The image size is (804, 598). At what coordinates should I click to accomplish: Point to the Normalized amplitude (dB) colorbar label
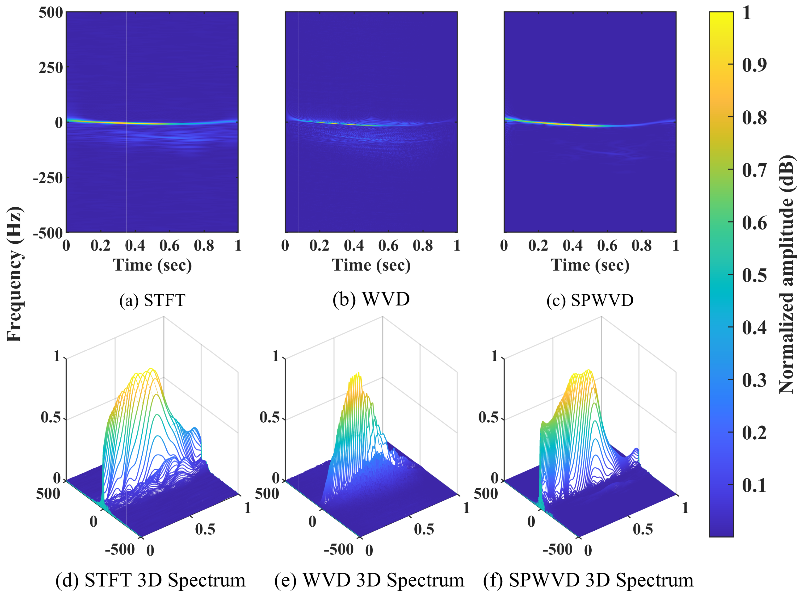coord(786,274)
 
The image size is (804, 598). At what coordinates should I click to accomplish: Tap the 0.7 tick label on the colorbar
coord(754,170)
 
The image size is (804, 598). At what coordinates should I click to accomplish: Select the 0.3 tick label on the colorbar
coord(754,380)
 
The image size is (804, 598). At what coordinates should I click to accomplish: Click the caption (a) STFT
coord(152,300)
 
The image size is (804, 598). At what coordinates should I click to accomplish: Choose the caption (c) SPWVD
coord(590,300)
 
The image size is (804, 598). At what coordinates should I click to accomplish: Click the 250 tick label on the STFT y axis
coord(51,68)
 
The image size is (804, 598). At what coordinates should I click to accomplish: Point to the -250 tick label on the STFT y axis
coord(48,178)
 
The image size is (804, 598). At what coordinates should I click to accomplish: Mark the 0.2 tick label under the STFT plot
coord(100,246)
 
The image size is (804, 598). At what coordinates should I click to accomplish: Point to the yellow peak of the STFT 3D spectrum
coord(150,370)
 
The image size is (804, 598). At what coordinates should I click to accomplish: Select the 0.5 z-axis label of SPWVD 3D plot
coord(488,417)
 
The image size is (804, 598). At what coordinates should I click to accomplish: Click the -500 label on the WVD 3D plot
coord(339,549)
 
